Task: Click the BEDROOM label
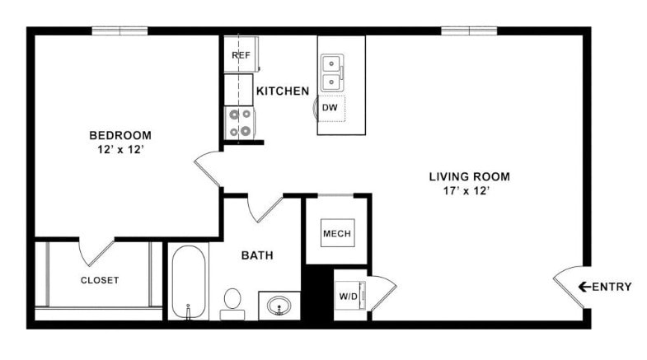coord(120,135)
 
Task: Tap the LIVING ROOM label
coord(469,176)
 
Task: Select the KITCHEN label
coord(283,91)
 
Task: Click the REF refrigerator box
coord(241,55)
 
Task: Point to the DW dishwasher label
coord(330,107)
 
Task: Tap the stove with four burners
coord(240,123)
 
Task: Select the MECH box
coord(336,234)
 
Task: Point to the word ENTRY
coord(612,287)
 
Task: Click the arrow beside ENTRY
coord(584,287)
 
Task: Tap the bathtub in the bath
coord(189,282)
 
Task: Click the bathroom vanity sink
coord(279,305)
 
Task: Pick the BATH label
coord(257,256)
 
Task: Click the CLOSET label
coord(100,280)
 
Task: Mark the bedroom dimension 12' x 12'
coord(120,150)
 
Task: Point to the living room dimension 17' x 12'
coord(469,191)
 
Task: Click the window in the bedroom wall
coord(120,31)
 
